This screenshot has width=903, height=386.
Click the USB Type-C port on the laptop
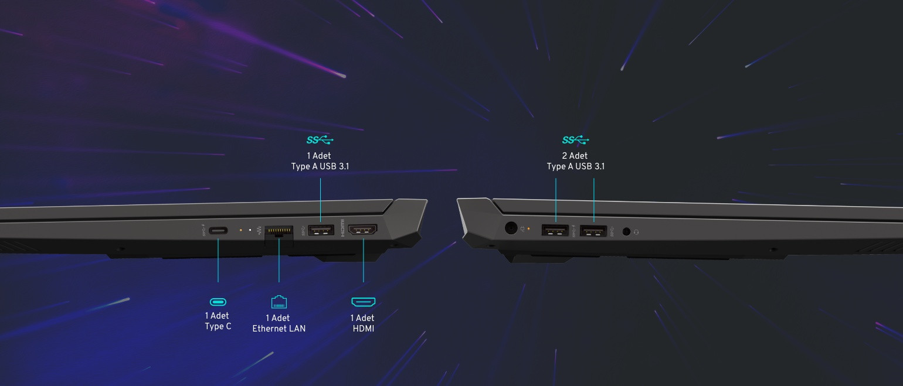coord(218,231)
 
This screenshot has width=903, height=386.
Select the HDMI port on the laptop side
coord(363,230)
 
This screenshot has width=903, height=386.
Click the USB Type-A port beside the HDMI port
coord(321,230)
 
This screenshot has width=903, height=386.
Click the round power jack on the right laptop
coord(511,228)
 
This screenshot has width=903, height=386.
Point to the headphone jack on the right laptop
coord(626,231)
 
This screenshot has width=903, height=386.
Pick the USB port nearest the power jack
coord(555,231)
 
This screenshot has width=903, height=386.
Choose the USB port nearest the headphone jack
coord(593,231)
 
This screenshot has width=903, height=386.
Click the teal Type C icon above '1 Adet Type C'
coord(218,302)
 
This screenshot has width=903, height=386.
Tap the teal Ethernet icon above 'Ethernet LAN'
coord(279,302)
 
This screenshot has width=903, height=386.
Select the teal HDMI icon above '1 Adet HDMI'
coord(363,302)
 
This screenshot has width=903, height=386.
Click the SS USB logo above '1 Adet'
coord(320,140)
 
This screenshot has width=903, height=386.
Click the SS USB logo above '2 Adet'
coord(576,140)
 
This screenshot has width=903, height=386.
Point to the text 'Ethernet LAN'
coord(279,329)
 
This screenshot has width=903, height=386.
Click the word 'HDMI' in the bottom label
coord(364,329)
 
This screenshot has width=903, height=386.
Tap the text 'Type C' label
coord(218,326)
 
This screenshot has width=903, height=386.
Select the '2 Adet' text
coord(575,156)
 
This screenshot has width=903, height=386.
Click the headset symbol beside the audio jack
coord(636,232)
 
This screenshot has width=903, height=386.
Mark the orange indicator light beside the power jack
coord(529,229)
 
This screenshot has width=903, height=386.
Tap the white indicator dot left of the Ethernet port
coord(250,230)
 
